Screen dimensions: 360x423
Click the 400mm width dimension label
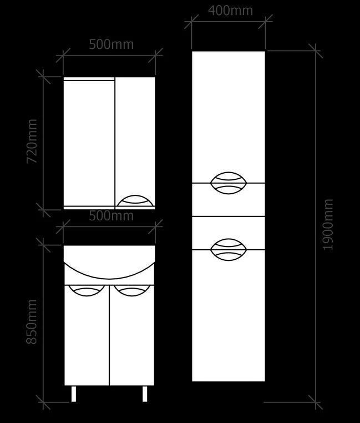[231, 11]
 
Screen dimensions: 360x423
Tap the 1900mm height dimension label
[328, 225]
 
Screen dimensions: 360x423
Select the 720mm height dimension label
[32, 141]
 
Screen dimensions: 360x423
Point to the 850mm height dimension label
[32, 321]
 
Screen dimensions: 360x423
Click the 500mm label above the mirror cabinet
[111, 44]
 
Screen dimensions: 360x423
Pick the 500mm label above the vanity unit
[111, 216]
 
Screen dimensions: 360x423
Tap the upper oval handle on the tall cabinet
[229, 183]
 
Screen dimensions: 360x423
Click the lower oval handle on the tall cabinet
[229, 250]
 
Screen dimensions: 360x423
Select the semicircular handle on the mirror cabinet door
[135, 201]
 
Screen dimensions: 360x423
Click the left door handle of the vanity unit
[87, 290]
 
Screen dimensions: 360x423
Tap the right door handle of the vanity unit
[132, 290]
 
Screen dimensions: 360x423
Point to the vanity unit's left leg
[74, 394]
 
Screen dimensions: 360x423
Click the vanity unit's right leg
[145, 394]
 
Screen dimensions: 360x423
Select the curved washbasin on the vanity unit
[109, 278]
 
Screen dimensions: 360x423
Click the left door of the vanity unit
[87, 335]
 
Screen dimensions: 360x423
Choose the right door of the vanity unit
[132, 335]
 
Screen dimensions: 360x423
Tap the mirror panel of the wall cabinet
[89, 143]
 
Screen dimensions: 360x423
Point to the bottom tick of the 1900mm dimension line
[316, 402]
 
